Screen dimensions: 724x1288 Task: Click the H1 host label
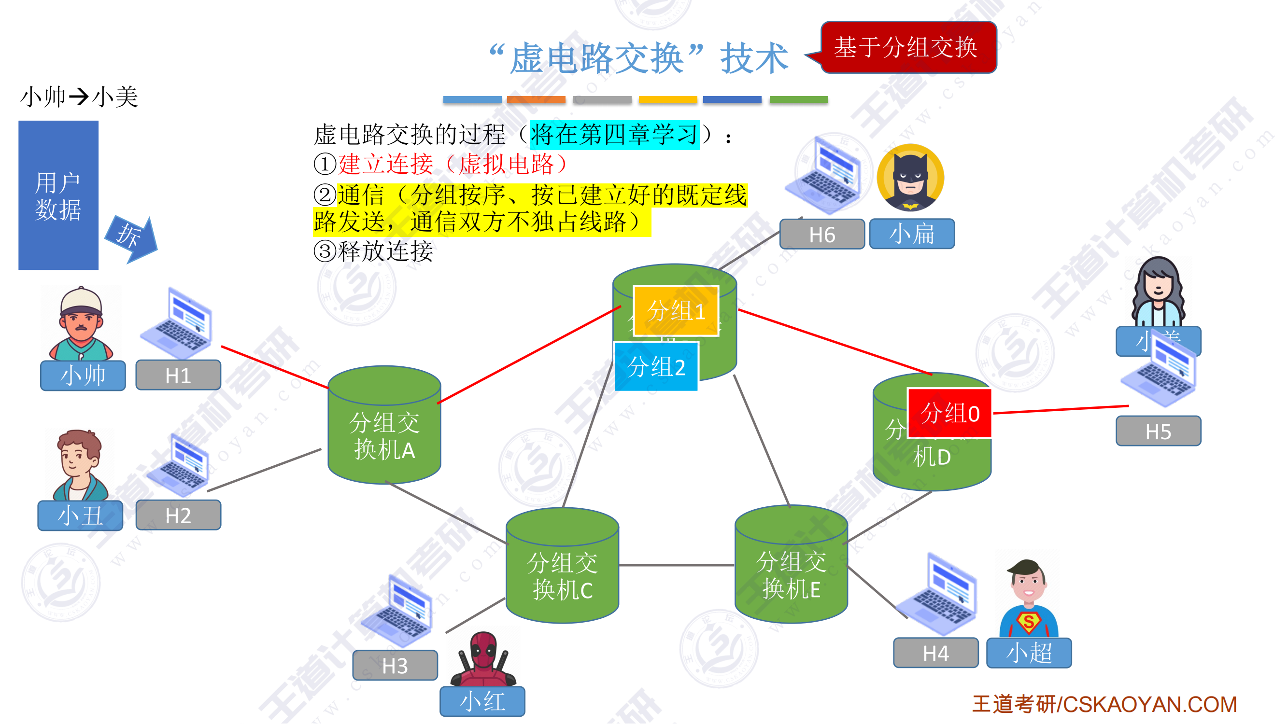click(x=178, y=375)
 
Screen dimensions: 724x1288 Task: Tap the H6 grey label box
click(x=821, y=235)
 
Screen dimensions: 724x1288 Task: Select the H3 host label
click(x=395, y=666)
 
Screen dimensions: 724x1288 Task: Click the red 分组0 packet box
click(x=949, y=413)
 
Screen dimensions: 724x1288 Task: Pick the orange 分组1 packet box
click(x=676, y=311)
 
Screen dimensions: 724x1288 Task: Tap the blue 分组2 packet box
click(x=655, y=367)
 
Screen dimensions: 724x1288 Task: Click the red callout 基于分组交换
click(x=908, y=47)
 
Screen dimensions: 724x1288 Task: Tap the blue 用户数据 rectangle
click(x=58, y=195)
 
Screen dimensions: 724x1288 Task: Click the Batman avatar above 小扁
click(x=910, y=179)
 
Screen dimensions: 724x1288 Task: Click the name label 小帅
click(x=83, y=375)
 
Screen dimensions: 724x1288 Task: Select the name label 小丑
click(x=80, y=515)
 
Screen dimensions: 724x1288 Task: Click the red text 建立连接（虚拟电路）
click(x=453, y=165)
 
